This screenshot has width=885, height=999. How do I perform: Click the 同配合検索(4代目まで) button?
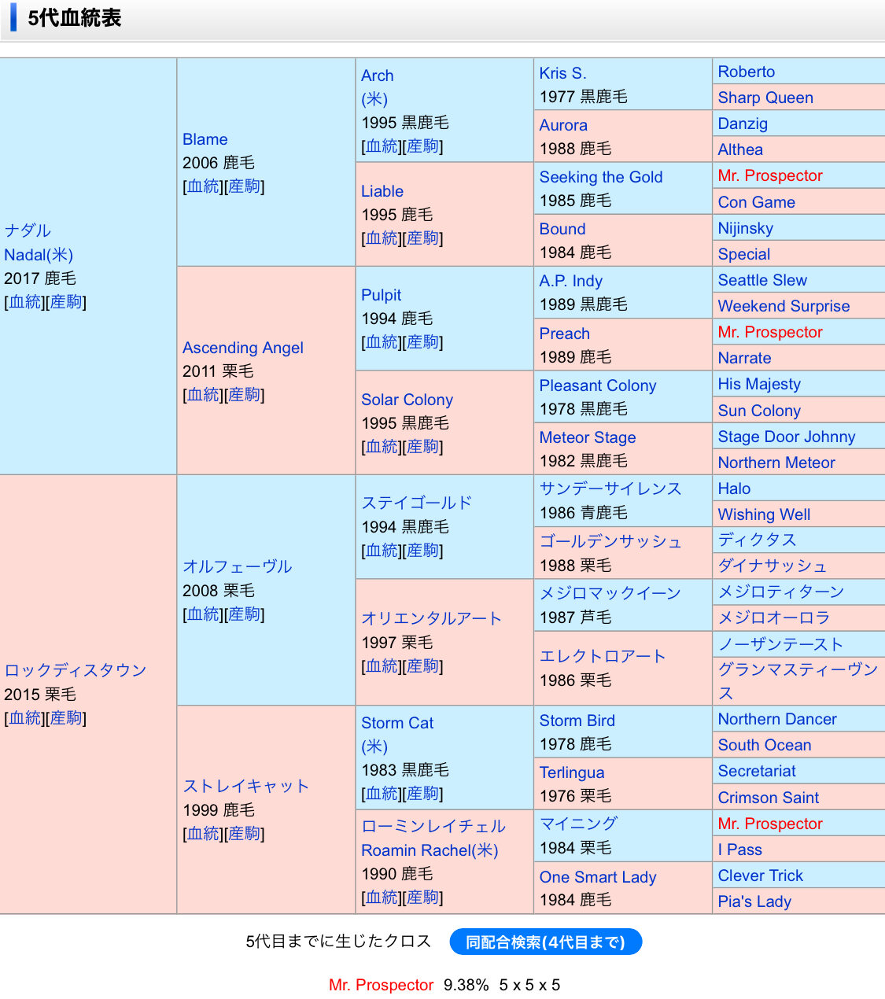[545, 942]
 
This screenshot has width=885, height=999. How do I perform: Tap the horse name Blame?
[205, 139]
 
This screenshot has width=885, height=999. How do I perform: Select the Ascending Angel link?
[242, 348]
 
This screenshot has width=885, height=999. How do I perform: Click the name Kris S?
[562, 73]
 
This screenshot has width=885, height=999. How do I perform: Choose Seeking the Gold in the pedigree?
[600, 177]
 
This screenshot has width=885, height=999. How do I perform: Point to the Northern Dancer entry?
[776, 719]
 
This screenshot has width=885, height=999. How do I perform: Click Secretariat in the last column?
[756, 771]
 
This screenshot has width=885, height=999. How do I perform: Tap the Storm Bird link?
[577, 721]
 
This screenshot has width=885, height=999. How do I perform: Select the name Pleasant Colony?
[597, 385]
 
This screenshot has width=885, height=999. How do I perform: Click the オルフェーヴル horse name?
[237, 566]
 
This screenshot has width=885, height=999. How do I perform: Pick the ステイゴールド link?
[416, 503]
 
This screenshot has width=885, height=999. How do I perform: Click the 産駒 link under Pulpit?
[422, 342]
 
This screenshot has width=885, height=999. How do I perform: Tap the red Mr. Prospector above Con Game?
[769, 175]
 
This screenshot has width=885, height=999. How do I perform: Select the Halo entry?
[733, 488]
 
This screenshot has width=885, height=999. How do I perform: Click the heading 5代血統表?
[75, 18]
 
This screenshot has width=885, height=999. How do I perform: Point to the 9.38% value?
[466, 985]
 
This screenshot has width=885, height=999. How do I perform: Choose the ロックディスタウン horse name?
[76, 670]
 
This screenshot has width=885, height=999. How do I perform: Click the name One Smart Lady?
[597, 877]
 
